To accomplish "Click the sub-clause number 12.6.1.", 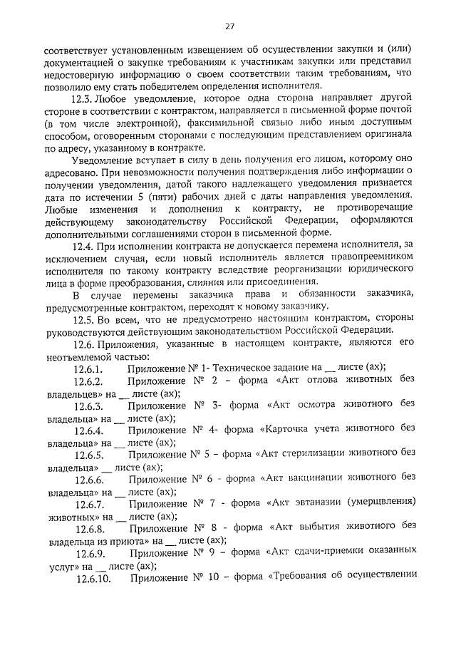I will (x=89, y=368).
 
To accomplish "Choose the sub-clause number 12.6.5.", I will (x=90, y=455).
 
